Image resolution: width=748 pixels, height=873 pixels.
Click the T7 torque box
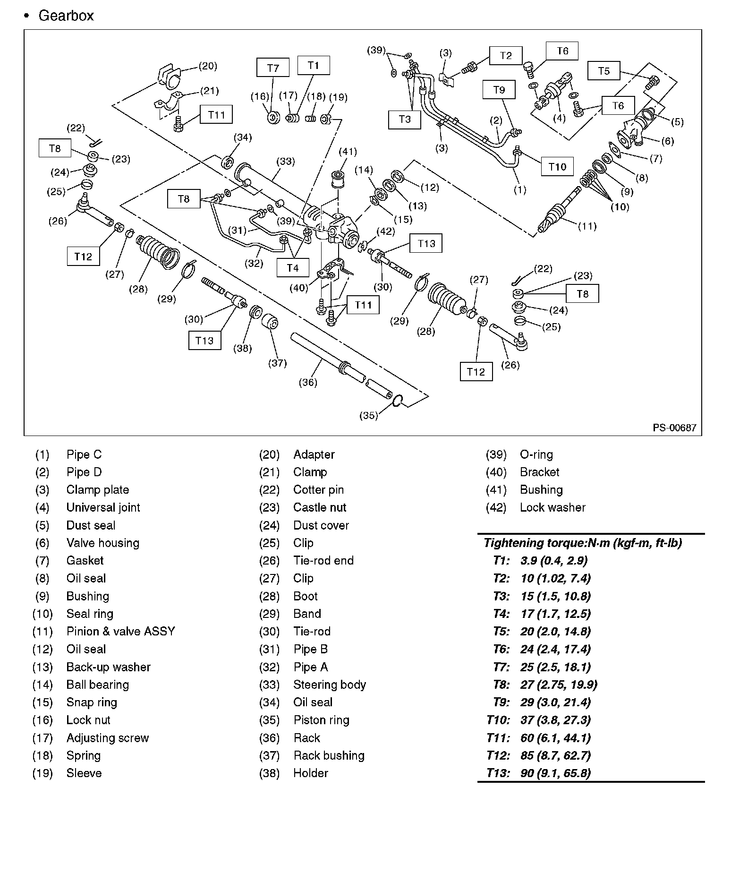pos(273,67)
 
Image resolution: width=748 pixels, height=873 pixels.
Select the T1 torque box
pos(314,65)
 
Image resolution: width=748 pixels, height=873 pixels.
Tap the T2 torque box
pos(505,56)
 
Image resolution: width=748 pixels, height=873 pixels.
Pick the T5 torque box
pos(603,71)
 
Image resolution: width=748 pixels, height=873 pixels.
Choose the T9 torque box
pos(499,89)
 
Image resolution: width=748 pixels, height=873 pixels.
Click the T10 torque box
pos(557,166)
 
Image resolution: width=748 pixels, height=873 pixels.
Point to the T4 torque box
pos(293,268)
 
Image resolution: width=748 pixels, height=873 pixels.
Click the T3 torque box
pos(404,119)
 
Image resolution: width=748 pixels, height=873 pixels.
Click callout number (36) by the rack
pos(308,382)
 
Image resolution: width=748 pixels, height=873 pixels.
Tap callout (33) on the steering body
pos(286,162)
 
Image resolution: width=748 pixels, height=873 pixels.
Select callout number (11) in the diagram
pos(587,226)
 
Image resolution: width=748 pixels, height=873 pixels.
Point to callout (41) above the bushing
pos(348,152)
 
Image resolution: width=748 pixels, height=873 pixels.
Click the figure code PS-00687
pos(674,428)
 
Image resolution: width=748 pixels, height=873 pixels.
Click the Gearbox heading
pos(66,16)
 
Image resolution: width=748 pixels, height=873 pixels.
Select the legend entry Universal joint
pos(103,507)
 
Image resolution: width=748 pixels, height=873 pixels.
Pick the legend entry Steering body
pos(329,685)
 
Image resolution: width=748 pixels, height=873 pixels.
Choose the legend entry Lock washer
pos(552,507)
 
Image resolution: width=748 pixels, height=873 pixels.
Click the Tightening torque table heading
pos(583,543)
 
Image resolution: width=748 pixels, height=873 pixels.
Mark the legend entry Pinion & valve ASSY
pos(120,631)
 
